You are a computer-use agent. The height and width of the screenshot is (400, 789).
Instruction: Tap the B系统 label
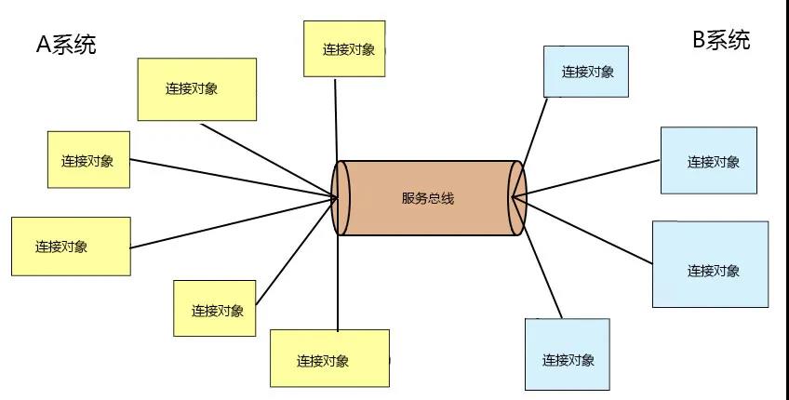click(721, 40)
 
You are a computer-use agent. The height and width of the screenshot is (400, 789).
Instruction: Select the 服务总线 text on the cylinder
click(428, 198)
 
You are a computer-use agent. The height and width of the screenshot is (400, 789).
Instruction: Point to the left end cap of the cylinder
click(341, 198)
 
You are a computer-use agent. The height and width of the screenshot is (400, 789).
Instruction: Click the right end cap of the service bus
click(517, 197)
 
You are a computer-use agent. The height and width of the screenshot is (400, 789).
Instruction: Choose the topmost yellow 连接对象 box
click(344, 48)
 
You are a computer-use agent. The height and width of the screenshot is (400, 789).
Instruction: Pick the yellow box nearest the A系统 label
click(197, 89)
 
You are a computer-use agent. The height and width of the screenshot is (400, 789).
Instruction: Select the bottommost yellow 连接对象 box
click(328, 359)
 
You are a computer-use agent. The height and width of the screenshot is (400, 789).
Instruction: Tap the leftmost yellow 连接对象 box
click(71, 247)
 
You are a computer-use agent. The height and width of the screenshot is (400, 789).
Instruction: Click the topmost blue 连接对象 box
click(586, 71)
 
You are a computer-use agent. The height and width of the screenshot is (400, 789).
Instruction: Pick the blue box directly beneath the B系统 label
click(709, 160)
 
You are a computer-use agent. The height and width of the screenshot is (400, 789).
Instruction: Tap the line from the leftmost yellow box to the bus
click(233, 223)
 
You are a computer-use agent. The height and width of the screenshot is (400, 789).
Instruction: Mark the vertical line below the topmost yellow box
click(336, 116)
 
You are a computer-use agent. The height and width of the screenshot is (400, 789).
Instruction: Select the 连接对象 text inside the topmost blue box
click(588, 72)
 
